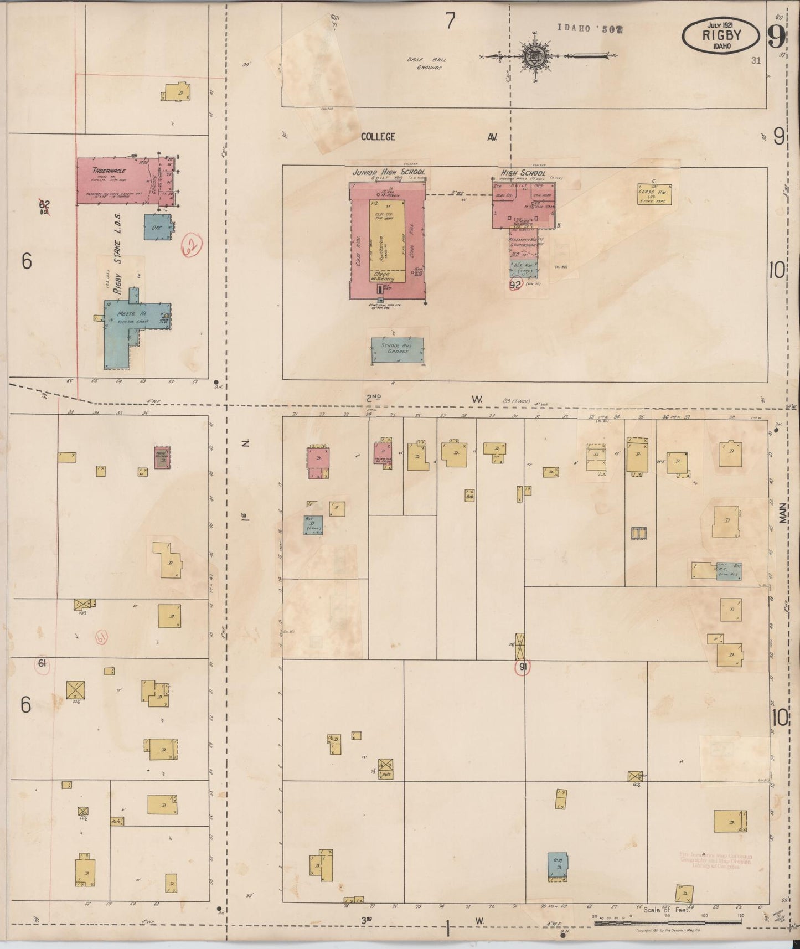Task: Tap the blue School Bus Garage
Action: (398, 349)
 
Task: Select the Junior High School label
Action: (389, 172)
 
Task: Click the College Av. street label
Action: (378, 137)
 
